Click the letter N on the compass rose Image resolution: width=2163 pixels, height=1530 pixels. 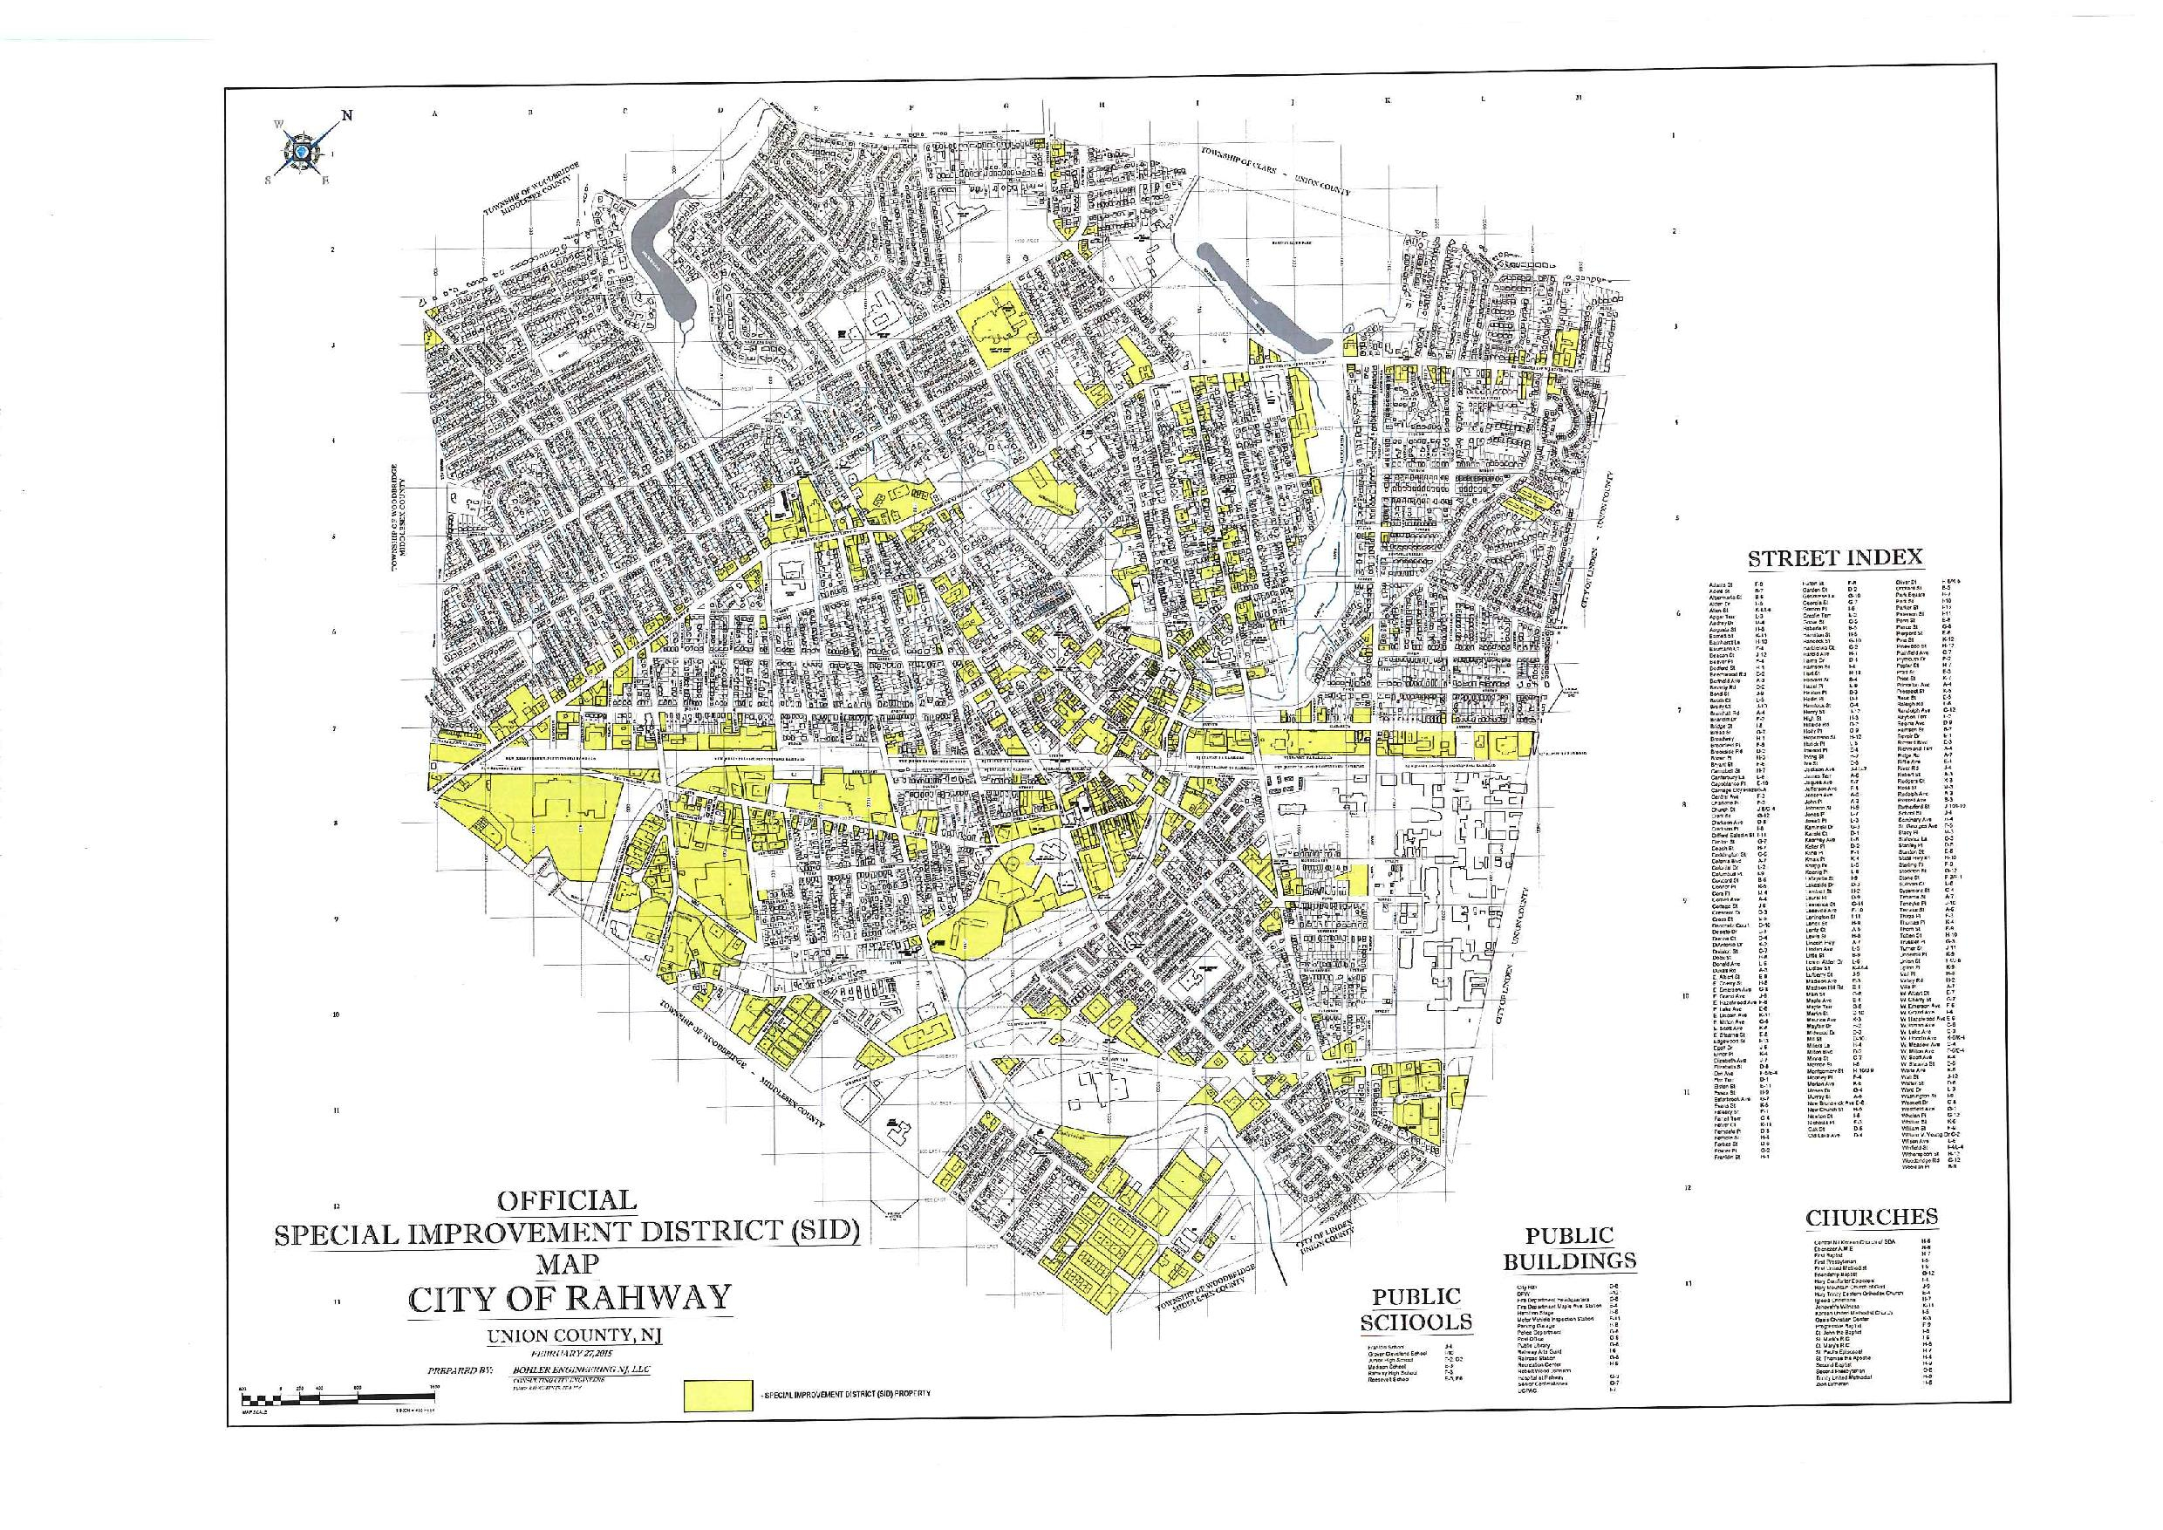[x=346, y=116]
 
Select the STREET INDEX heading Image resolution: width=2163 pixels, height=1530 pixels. [x=1835, y=557]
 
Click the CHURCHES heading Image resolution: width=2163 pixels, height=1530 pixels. [x=1871, y=1217]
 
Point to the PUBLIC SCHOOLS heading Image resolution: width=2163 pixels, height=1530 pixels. [x=1415, y=1309]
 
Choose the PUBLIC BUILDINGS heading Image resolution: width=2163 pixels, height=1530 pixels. [x=1570, y=1248]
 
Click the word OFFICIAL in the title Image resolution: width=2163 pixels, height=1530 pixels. [x=566, y=1200]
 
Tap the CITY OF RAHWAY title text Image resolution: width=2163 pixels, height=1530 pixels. [x=569, y=1297]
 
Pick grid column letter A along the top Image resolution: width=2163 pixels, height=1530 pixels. [x=435, y=113]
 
